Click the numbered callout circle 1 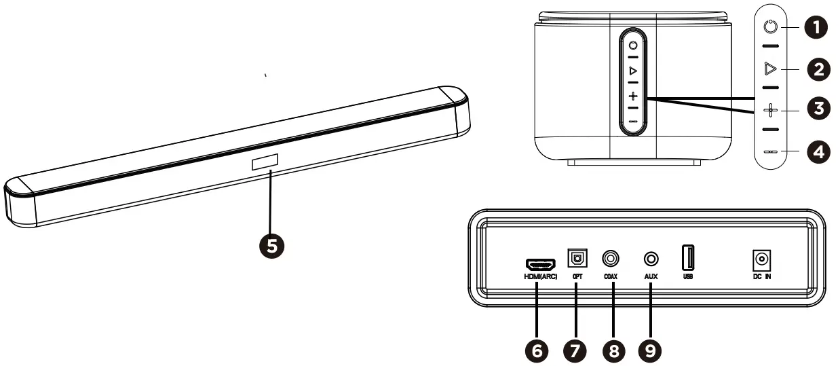[x=818, y=28]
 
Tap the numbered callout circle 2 [x=818, y=69]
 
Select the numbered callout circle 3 [x=818, y=109]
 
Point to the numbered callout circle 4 [x=818, y=151]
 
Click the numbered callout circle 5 [x=271, y=246]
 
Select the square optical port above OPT [x=577, y=259]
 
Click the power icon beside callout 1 [x=769, y=28]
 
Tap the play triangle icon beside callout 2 [x=769, y=69]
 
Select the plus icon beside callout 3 [x=769, y=109]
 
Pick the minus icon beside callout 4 [x=769, y=151]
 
